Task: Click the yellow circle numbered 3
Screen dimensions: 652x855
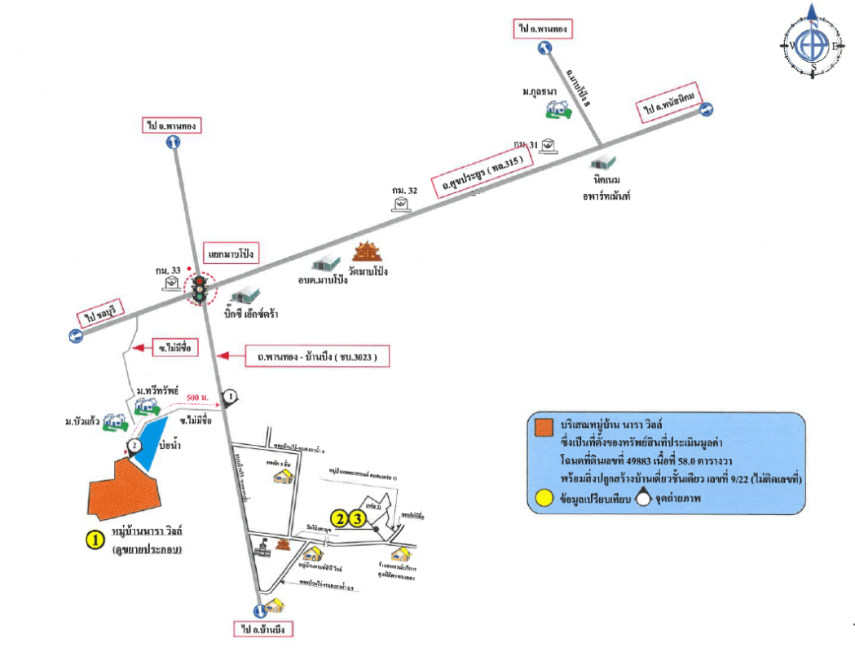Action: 356,518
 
